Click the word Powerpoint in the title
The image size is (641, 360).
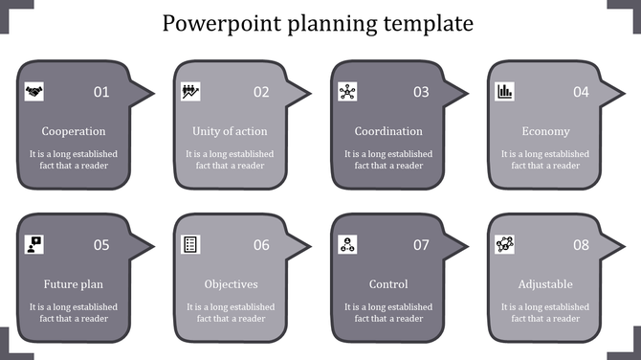[216, 23]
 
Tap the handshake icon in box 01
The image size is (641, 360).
[34, 92]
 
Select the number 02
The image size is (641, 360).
[261, 92]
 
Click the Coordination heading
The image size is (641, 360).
[388, 131]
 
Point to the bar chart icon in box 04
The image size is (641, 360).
[504, 92]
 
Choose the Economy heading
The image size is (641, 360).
[546, 131]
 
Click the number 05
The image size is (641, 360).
[101, 245]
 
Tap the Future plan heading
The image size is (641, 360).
[74, 284]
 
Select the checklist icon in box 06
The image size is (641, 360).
[190, 245]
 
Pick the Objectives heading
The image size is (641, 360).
[231, 284]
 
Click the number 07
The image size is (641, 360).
[421, 245]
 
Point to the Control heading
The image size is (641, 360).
[388, 284]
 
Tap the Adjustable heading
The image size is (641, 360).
[545, 284]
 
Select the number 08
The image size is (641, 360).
[581, 245]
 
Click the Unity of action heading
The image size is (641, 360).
[230, 131]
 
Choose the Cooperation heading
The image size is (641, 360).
[74, 131]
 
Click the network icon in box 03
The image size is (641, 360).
[347, 92]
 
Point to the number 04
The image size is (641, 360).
[581, 92]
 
